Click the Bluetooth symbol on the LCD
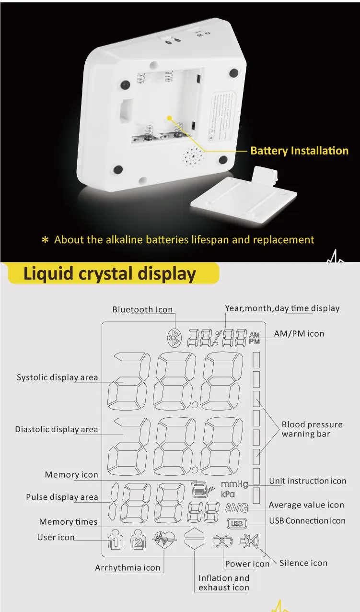pyautogui.click(x=175, y=338)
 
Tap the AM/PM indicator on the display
pyautogui.click(x=254, y=338)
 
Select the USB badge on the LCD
pyautogui.click(x=237, y=524)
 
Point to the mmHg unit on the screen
pyautogui.click(x=234, y=484)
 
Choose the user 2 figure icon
pyautogui.click(x=138, y=539)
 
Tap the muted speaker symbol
pyautogui.click(x=249, y=541)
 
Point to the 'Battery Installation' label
pyautogui.click(x=299, y=151)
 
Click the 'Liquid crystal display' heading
pyautogui.click(x=110, y=274)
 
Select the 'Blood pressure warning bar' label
pyautogui.click(x=312, y=429)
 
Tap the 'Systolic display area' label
pyautogui.click(x=57, y=377)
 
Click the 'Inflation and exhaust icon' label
pyautogui.click(x=224, y=583)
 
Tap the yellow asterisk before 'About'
pyautogui.click(x=46, y=240)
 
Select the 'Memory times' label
pyautogui.click(x=68, y=522)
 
